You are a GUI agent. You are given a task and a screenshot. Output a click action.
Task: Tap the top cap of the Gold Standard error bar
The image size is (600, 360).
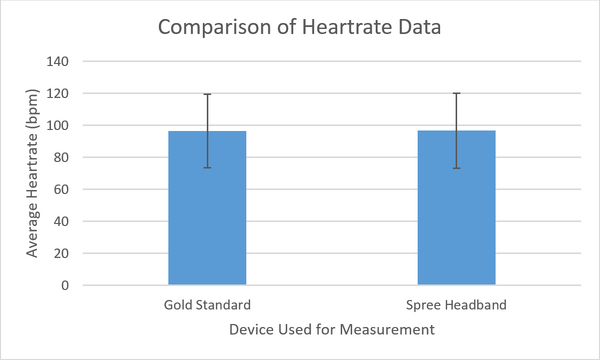pyautogui.click(x=207, y=94)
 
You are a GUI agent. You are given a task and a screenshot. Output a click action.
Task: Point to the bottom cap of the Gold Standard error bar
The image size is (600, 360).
pyautogui.click(x=207, y=167)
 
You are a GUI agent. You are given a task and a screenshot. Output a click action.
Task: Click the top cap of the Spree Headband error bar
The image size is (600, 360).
pyautogui.click(x=456, y=93)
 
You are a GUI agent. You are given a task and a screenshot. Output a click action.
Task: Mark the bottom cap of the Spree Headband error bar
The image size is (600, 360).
pyautogui.click(x=456, y=168)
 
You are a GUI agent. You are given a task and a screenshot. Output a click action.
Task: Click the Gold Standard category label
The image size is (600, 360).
pyautogui.click(x=207, y=304)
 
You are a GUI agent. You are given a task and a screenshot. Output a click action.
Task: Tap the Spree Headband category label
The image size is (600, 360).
pyautogui.click(x=456, y=304)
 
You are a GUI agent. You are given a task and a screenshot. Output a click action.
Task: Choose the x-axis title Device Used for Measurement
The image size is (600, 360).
pyautogui.click(x=331, y=329)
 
